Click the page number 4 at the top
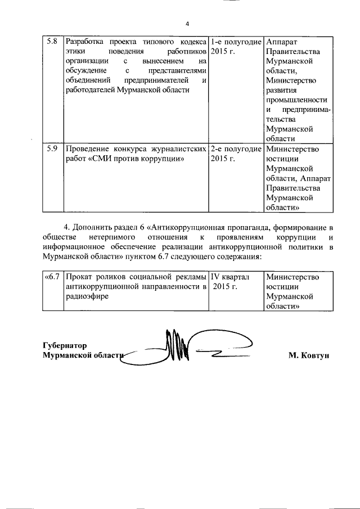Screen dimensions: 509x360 pyautogui.click(x=188, y=24)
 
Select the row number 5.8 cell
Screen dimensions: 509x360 pyautogui.click(x=51, y=42)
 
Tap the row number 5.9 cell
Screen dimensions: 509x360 pyautogui.click(x=51, y=149)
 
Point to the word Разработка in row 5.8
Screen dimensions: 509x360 pyautogui.click(x=85, y=42)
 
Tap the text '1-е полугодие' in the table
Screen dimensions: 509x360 pyautogui.click(x=236, y=42)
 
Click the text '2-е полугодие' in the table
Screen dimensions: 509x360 pyautogui.click(x=236, y=149)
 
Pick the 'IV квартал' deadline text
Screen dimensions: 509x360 pyautogui.click(x=229, y=277)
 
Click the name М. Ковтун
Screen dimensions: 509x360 pyautogui.click(x=308, y=355)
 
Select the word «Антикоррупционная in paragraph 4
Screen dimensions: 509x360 pyautogui.click(x=186, y=227)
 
